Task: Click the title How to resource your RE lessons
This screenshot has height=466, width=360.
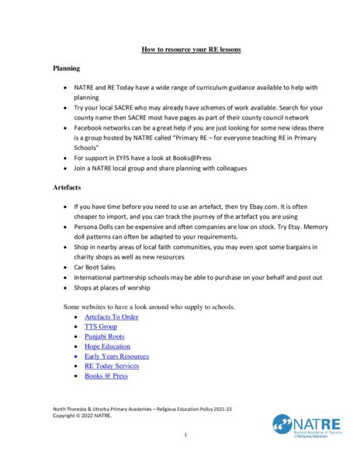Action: click(x=191, y=49)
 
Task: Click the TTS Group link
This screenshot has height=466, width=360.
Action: click(x=101, y=327)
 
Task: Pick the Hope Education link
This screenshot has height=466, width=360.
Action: click(x=107, y=346)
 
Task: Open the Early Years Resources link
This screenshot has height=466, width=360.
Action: click(x=116, y=356)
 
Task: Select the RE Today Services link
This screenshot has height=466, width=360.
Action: click(x=112, y=366)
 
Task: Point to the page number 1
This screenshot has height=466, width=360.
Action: click(x=185, y=435)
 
